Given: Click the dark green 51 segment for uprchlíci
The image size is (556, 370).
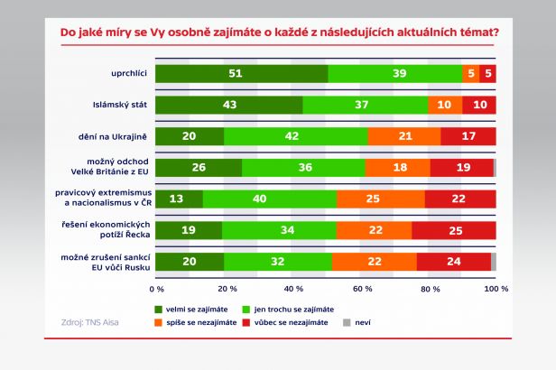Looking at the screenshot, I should (242, 74).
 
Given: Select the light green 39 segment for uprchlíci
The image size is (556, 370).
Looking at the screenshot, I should (394, 74).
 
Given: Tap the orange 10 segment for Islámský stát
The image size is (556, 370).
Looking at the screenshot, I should (445, 106).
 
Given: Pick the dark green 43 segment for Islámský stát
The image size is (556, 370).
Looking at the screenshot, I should (229, 106).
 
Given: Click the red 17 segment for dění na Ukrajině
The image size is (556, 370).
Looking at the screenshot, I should (468, 137).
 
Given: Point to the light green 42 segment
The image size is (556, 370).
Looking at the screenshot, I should (296, 137).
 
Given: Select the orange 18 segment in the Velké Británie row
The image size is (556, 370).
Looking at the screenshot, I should (398, 168).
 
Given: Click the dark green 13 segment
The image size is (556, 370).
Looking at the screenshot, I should (179, 199).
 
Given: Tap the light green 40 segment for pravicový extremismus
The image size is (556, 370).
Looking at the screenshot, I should (269, 199).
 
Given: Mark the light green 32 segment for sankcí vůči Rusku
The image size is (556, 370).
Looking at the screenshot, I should (278, 262).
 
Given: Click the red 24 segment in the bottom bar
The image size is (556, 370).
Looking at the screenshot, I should (454, 262).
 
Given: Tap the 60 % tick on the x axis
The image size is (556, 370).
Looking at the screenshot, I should (361, 289).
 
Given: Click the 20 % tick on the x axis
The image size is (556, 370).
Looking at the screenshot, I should (226, 289).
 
